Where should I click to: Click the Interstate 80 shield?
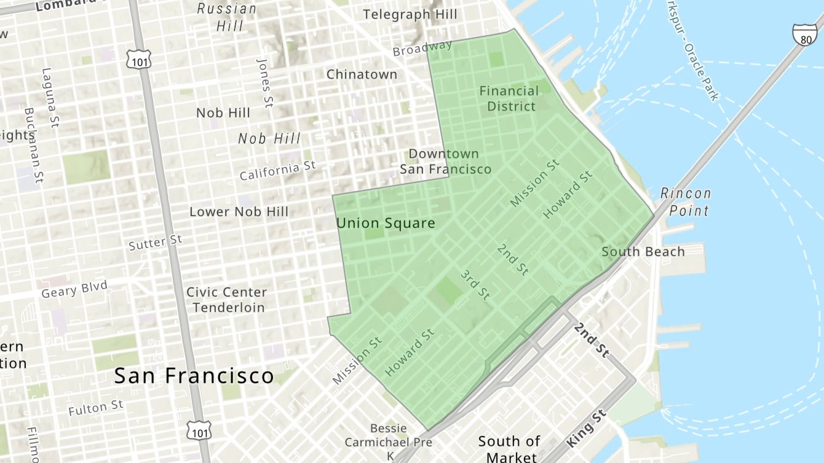pos(804,35)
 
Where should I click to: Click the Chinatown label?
pos(362,74)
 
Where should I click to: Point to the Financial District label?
pos(509,98)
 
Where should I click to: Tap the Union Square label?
pos(386,224)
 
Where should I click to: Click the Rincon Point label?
pos(685,202)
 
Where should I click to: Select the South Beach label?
pos(643,251)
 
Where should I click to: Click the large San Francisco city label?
pos(194,375)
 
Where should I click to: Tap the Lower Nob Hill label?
pos(239,212)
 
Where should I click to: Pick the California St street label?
pos(277,171)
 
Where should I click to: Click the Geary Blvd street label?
pos(74,289)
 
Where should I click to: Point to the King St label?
pos(587,428)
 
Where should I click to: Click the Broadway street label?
pos(422,48)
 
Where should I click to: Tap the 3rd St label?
pos(475,284)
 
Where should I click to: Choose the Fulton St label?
pos(96,408)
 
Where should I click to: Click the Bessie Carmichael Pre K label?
pos(389,442)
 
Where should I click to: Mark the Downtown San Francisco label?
pos(445,161)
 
